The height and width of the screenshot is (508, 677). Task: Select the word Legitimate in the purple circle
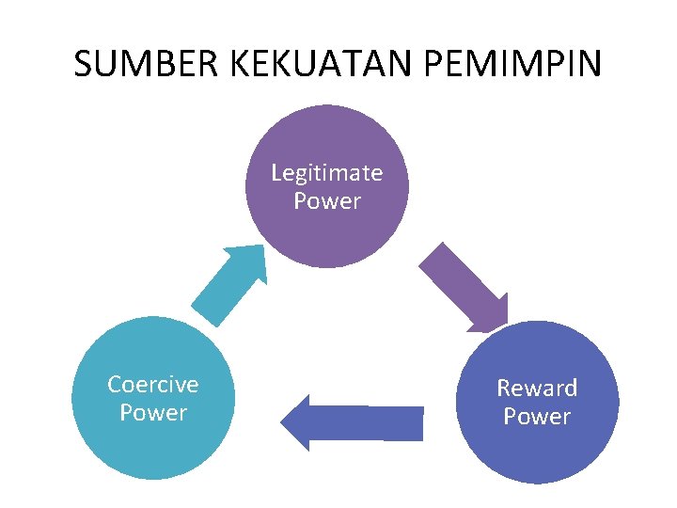pos(326,173)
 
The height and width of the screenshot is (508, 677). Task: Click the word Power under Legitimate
pos(326,201)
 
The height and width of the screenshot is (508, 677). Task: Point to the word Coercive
pos(152,385)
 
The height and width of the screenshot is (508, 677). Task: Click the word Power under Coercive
pos(152,413)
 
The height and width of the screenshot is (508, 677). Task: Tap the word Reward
pos(537,389)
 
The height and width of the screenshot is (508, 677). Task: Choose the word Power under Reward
pos(537,417)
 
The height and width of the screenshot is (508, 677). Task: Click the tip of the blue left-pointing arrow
pos(283,422)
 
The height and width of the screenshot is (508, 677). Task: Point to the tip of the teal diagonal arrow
pos(262,246)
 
